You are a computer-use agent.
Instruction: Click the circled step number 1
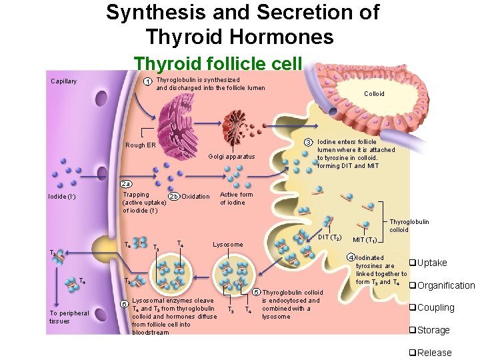click(147, 82)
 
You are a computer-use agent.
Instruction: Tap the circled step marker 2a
click(126, 184)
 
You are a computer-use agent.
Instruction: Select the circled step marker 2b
click(173, 197)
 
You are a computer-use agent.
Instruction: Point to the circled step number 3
click(308, 142)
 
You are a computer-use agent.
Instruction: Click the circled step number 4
click(351, 257)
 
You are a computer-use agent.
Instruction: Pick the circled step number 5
click(256, 292)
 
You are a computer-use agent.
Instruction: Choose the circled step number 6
click(124, 305)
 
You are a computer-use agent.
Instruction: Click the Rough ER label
click(141, 145)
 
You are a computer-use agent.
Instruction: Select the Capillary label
click(64, 82)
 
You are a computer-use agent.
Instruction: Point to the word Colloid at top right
click(374, 94)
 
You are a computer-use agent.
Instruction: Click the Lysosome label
click(228, 245)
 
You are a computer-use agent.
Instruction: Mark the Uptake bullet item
click(428, 263)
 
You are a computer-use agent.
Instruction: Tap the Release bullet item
click(430, 353)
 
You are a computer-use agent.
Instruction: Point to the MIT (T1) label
click(366, 240)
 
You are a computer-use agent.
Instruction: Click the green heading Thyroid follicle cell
click(218, 63)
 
